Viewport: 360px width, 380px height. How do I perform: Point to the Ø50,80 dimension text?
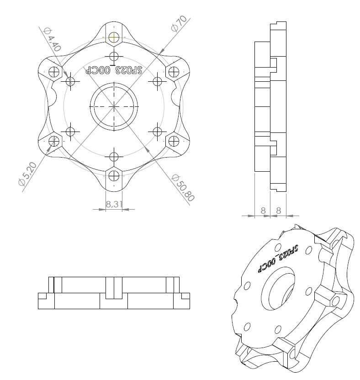click(x=182, y=187)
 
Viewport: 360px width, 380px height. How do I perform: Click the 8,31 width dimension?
click(x=114, y=204)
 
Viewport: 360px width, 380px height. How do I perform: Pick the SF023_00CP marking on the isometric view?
click(x=278, y=258)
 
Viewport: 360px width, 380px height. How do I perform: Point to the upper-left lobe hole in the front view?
click(x=54, y=71)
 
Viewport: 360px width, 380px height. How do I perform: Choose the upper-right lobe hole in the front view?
click(x=174, y=71)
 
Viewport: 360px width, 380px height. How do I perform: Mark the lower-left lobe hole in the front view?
click(x=54, y=141)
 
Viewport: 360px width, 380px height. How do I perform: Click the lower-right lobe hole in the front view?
click(x=174, y=141)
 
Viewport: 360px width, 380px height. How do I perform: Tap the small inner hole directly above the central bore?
click(x=114, y=57)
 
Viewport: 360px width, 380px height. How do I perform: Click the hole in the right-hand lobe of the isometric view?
click(x=337, y=301)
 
